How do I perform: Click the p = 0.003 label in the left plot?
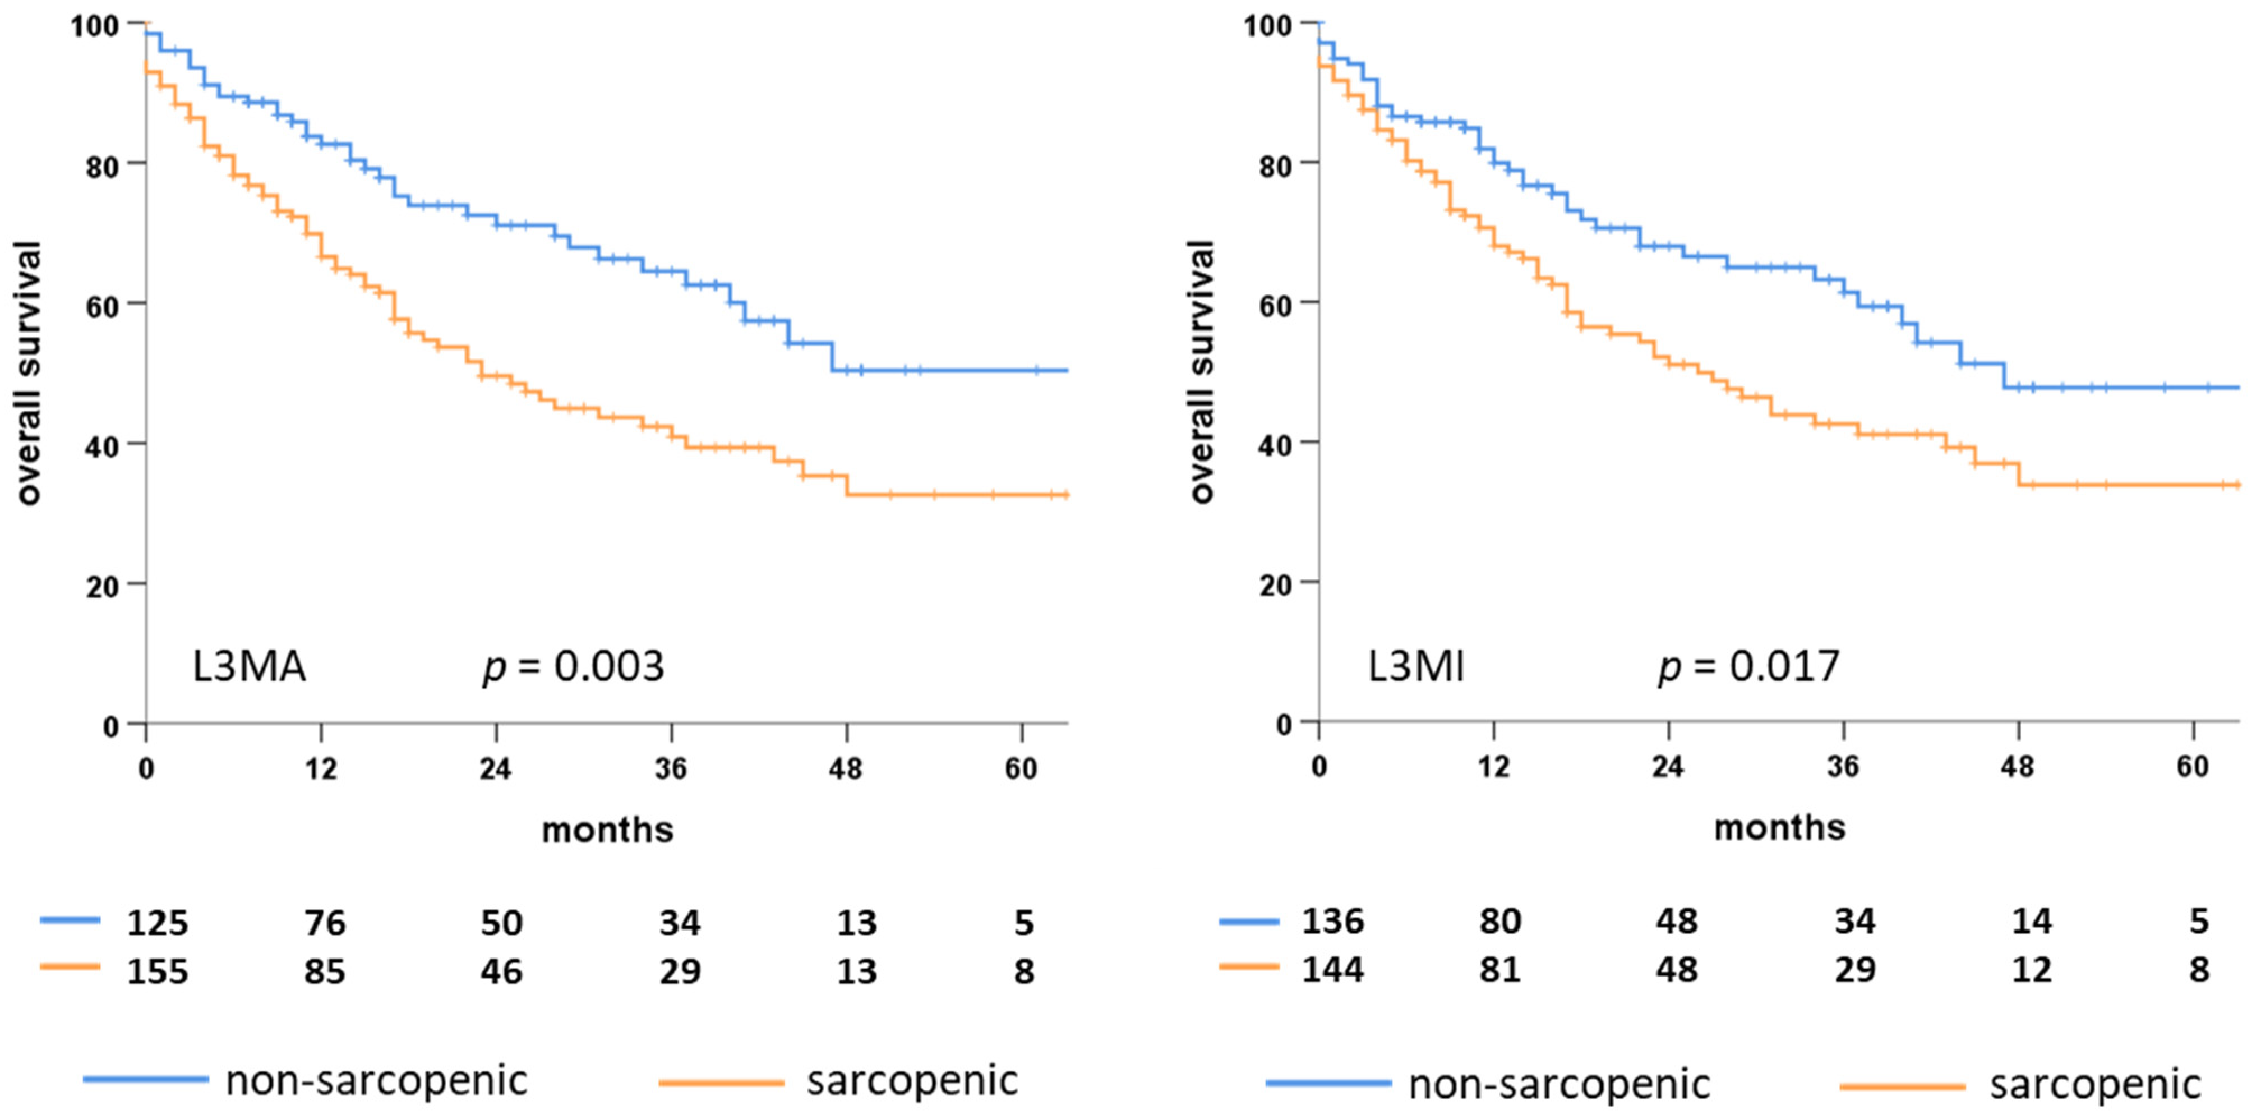[x=573, y=667]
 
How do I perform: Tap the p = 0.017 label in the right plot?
[x=1748, y=667]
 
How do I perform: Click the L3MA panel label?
[x=250, y=667]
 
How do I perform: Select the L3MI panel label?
[x=1416, y=667]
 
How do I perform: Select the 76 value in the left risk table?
[x=325, y=923]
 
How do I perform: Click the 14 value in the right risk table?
[x=2032, y=922]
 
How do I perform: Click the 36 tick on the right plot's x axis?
[x=1843, y=768]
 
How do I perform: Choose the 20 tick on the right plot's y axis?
[x=1275, y=584]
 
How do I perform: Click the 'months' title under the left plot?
[x=607, y=830]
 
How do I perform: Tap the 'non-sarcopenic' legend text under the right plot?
[x=1559, y=1085]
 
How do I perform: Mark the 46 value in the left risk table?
[x=501, y=973]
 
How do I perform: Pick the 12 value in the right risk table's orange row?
[x=2032, y=971]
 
